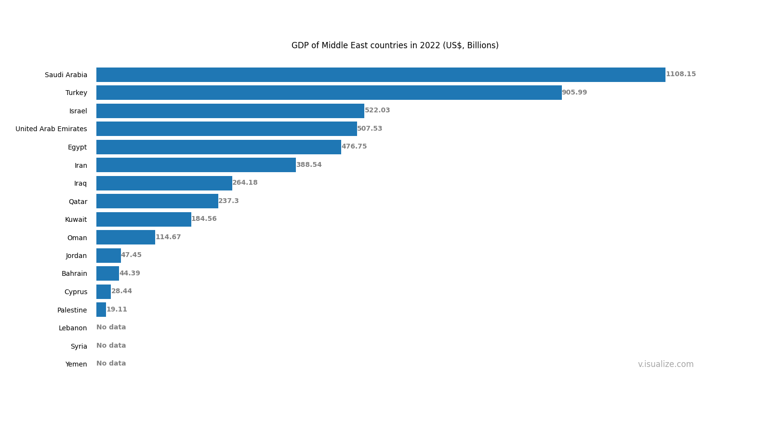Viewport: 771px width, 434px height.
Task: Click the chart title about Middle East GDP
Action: click(x=395, y=46)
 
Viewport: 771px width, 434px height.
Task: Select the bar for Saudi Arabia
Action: click(x=381, y=75)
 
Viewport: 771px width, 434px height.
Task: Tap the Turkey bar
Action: click(x=329, y=93)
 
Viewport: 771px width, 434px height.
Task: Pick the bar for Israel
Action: click(x=230, y=111)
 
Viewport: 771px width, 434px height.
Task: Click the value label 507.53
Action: click(x=370, y=129)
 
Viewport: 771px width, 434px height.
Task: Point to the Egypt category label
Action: click(x=77, y=147)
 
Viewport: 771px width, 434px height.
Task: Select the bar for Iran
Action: click(x=196, y=165)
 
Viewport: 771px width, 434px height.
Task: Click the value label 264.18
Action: click(x=245, y=183)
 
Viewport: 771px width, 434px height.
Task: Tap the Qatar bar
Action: click(x=157, y=201)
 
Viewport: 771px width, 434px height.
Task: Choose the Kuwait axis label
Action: click(x=76, y=219)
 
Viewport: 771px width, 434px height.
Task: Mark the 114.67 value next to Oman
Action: click(x=168, y=237)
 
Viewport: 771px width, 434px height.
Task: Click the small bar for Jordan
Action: click(x=108, y=256)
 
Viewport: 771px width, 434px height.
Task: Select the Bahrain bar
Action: click(x=107, y=273)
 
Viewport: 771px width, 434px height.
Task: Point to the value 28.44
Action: click(x=121, y=291)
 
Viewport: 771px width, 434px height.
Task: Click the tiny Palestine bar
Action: click(x=101, y=310)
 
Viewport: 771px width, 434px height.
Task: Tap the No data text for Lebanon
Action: click(x=111, y=327)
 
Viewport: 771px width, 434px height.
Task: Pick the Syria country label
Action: click(x=79, y=346)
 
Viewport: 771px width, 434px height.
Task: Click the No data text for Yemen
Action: click(x=111, y=364)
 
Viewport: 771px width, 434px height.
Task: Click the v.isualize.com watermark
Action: click(x=665, y=365)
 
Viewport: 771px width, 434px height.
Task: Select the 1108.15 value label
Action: click(x=680, y=74)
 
